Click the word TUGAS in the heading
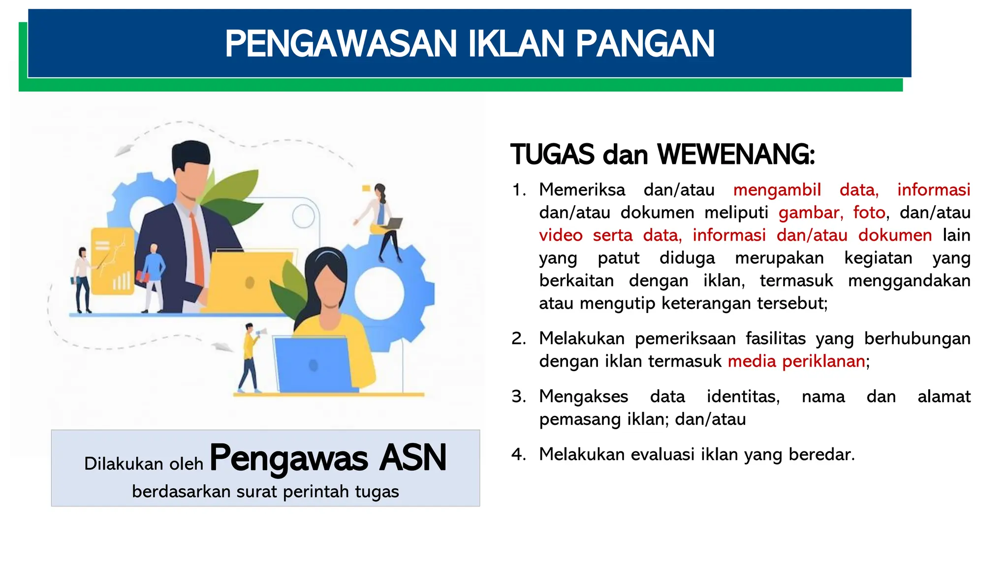(x=552, y=155)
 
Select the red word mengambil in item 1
(x=777, y=190)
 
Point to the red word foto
(x=869, y=213)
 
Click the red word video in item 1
(x=560, y=235)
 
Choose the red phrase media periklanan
(x=796, y=361)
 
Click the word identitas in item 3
(x=743, y=397)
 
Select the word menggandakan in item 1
(x=909, y=281)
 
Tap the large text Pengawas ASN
(x=328, y=458)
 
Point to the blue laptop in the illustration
(x=313, y=364)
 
